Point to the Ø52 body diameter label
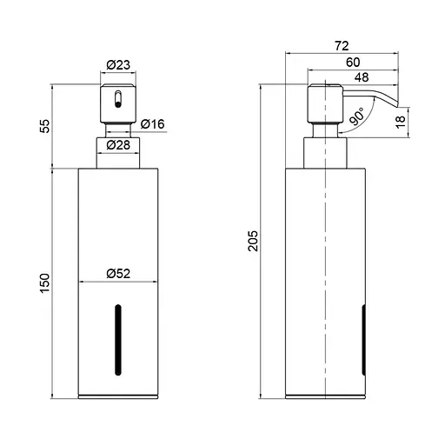(119, 272)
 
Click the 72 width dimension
(342, 44)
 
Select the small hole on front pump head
(115, 100)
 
